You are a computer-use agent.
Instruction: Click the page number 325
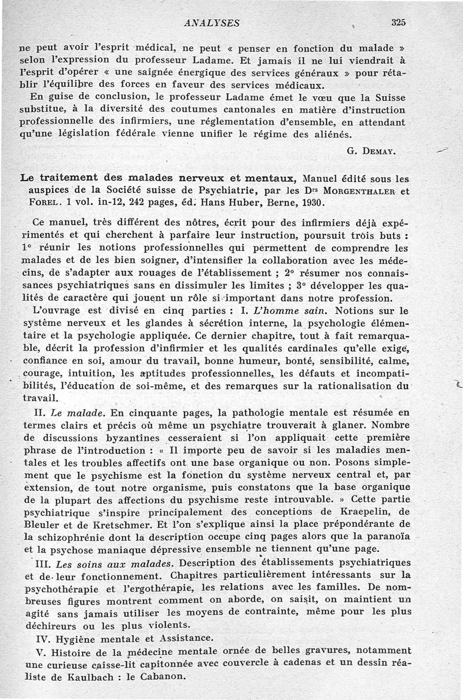click(x=398, y=23)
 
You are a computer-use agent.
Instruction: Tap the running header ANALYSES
click(x=211, y=23)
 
